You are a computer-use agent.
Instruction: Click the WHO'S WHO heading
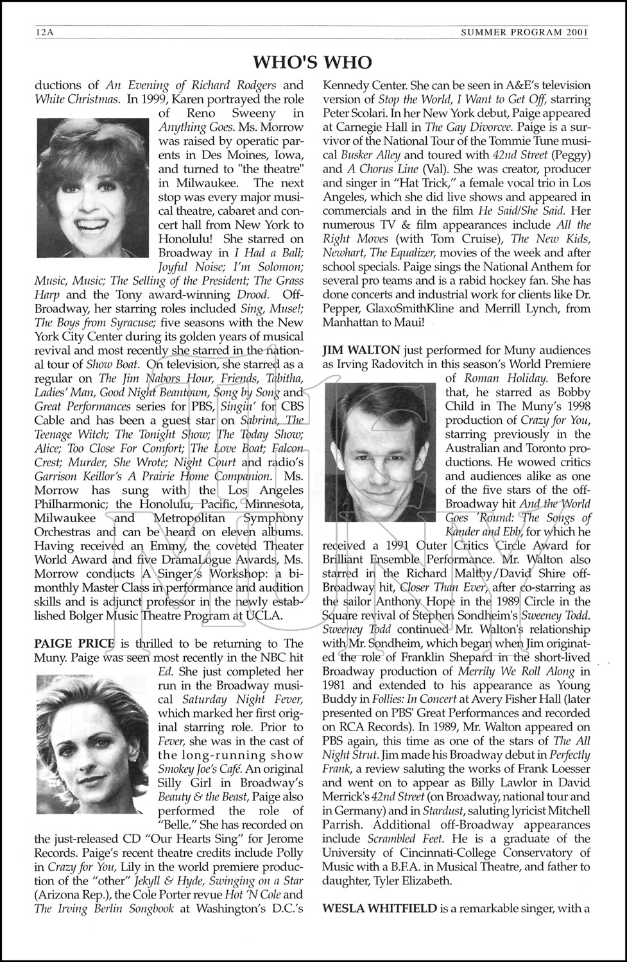click(x=313, y=62)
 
